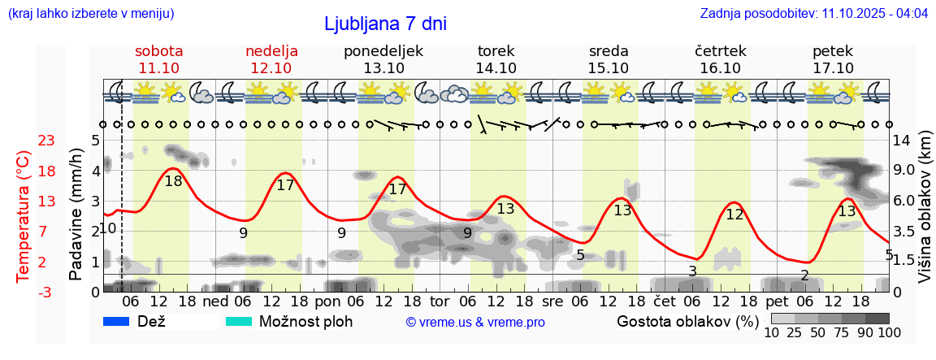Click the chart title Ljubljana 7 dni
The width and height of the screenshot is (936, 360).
click(x=385, y=24)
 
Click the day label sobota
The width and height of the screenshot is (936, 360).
click(x=159, y=51)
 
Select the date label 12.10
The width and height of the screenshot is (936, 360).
click(x=271, y=68)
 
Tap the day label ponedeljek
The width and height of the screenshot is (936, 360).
click(x=383, y=51)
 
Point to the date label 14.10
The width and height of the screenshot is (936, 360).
click(x=496, y=68)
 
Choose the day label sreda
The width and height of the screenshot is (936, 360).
click(x=609, y=51)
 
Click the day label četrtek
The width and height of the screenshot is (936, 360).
click(x=721, y=51)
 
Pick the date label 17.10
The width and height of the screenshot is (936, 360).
click(x=833, y=68)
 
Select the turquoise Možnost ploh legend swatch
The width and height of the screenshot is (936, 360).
click(x=239, y=321)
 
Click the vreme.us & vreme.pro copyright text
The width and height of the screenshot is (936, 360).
click(x=474, y=323)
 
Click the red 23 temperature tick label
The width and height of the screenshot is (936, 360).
click(x=24, y=141)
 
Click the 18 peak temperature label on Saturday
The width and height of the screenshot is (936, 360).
click(x=173, y=181)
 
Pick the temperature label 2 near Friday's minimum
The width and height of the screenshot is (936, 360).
click(x=804, y=275)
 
